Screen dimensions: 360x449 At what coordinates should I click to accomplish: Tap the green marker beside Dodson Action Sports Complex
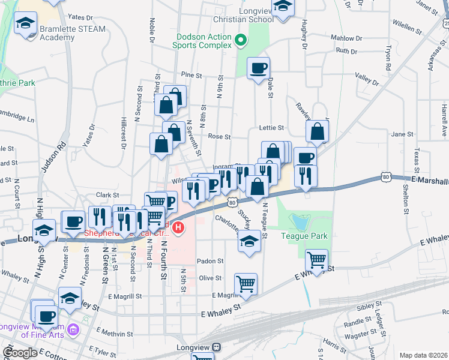(x=241, y=41)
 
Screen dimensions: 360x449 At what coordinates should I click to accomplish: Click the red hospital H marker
(x=178, y=228)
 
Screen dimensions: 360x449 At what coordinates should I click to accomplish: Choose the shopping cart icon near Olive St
(x=246, y=283)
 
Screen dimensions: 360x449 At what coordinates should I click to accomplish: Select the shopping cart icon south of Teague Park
(x=316, y=260)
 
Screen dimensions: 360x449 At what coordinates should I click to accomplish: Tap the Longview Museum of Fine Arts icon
(x=73, y=329)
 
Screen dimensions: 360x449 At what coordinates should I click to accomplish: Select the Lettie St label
(x=271, y=128)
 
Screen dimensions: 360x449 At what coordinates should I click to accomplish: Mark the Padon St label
(x=211, y=261)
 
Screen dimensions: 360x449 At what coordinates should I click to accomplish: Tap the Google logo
(x=20, y=353)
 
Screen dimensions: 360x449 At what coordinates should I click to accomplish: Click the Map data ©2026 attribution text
(x=423, y=355)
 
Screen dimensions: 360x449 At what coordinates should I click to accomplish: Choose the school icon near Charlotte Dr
(x=249, y=242)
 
